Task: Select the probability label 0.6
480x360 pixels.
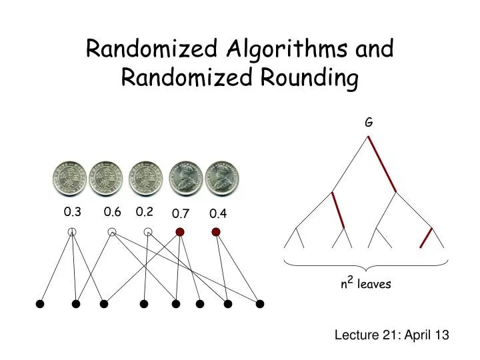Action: coord(112,212)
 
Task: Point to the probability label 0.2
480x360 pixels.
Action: coord(145,212)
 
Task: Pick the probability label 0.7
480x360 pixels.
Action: coord(181,214)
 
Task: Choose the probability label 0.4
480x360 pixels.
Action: coord(218,214)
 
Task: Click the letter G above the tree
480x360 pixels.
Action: coord(368,123)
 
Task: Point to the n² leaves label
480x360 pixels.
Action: coord(366,285)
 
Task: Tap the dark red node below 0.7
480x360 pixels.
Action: coord(179,232)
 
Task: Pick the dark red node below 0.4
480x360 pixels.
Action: coord(216,232)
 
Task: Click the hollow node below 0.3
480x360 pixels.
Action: coord(72,232)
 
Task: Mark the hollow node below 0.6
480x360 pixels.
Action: coord(113,232)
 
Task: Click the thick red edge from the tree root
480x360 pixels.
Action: coord(382,164)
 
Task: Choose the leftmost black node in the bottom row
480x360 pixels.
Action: coord(40,304)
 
